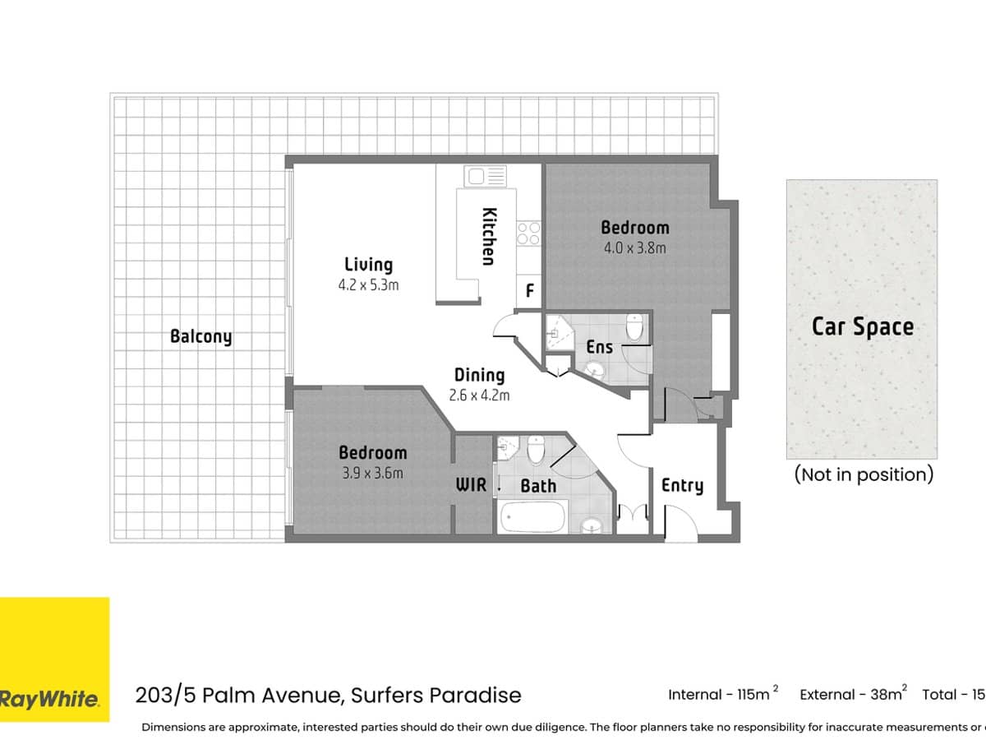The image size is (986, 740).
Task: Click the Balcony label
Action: (x=200, y=336)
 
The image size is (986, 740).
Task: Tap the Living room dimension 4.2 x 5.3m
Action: (x=368, y=285)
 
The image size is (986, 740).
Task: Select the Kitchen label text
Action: (x=488, y=236)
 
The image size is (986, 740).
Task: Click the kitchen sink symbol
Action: (x=485, y=175)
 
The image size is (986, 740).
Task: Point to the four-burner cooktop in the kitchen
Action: (x=528, y=234)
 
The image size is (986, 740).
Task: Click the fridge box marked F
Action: (x=530, y=291)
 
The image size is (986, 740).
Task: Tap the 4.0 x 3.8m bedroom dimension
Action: (x=634, y=247)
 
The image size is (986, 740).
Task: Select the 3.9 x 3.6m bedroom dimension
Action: (x=372, y=473)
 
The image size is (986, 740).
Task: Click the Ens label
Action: (x=599, y=347)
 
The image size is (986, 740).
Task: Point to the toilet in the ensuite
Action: (x=634, y=328)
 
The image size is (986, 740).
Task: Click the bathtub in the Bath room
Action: (x=532, y=518)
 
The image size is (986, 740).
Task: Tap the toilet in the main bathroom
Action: (x=536, y=450)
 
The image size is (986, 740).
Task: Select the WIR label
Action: (x=472, y=485)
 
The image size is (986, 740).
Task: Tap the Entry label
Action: (x=682, y=485)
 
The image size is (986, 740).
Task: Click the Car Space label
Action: (x=862, y=326)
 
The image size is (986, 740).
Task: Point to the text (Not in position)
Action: (x=863, y=474)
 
